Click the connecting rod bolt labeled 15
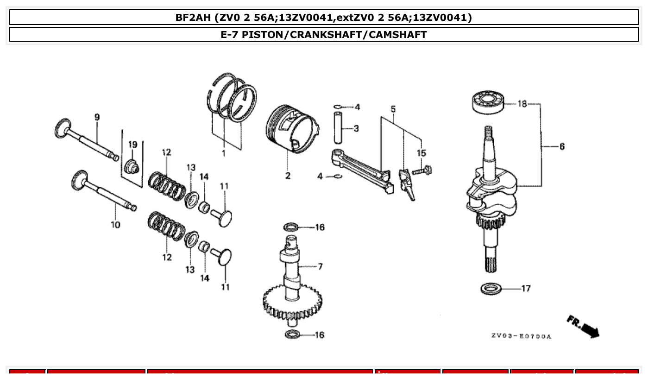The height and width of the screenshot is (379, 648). pyautogui.click(x=422, y=171)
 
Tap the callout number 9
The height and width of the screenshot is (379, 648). pyautogui.click(x=97, y=117)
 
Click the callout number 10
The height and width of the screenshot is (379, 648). pyautogui.click(x=115, y=225)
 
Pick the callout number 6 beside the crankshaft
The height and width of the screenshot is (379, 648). pyautogui.click(x=562, y=146)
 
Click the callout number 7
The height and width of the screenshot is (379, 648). pyautogui.click(x=320, y=266)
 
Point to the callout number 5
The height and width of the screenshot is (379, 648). pyautogui.click(x=393, y=109)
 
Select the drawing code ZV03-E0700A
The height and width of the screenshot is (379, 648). pyautogui.click(x=521, y=336)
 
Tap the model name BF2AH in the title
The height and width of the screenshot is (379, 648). pyautogui.click(x=194, y=18)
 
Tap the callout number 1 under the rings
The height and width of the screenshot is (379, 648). pyautogui.click(x=224, y=153)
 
